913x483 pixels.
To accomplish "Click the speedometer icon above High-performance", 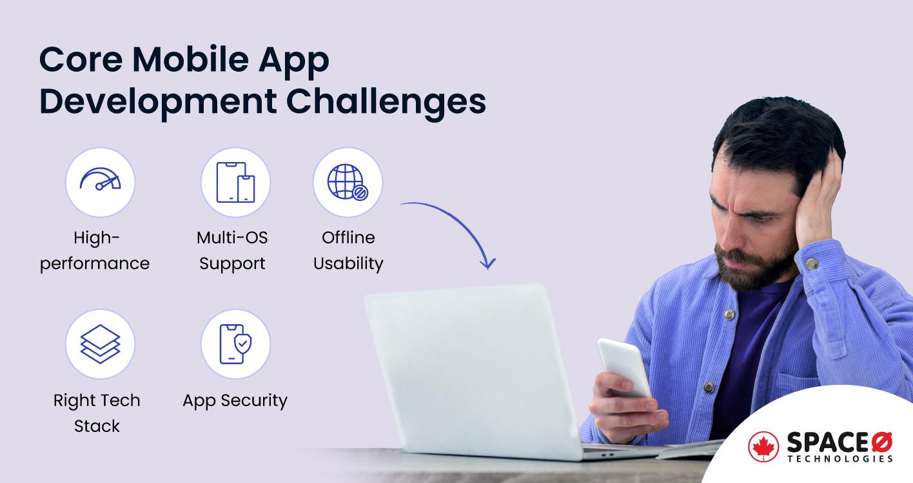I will [100, 181].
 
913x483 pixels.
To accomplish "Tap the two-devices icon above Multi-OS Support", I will [235, 181].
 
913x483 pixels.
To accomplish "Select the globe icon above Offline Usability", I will [348, 181].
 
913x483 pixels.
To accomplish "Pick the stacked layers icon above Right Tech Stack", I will [100, 344].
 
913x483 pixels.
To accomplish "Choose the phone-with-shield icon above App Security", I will [235, 344].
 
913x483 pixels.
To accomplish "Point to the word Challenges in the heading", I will [387, 102].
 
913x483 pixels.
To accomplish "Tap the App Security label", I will [235, 400].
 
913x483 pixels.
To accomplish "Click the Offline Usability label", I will [348, 251].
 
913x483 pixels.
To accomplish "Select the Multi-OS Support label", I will [232, 251].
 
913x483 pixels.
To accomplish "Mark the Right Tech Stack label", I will [97, 413].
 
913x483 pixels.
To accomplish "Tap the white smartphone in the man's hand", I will [623, 366].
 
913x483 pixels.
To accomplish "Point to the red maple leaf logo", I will [763, 447].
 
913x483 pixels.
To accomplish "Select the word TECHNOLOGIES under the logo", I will [840, 459].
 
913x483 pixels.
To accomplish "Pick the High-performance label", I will [95, 251].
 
